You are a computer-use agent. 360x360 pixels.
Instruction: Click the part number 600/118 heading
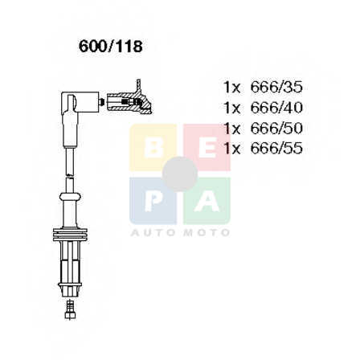coord(110,47)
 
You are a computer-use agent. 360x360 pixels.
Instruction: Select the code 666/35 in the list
coord(276,87)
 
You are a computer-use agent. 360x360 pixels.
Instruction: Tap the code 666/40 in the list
coord(276,108)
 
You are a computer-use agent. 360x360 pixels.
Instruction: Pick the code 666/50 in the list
coord(276,128)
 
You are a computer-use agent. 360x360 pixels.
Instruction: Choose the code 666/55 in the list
coord(276,149)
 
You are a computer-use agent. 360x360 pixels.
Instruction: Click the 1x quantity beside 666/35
coord(232,88)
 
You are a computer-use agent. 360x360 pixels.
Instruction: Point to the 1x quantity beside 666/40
coord(232,108)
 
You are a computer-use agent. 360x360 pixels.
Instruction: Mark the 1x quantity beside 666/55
coord(232,149)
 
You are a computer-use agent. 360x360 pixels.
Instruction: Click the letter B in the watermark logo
coord(153,148)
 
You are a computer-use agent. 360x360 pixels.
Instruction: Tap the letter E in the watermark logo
coord(207,148)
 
